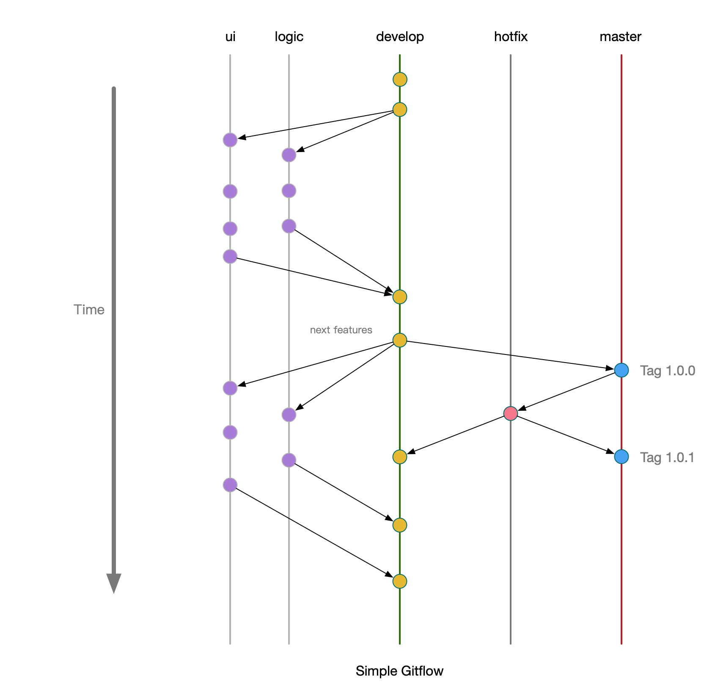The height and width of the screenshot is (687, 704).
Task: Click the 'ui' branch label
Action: tap(230, 37)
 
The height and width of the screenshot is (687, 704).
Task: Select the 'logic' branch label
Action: tap(289, 37)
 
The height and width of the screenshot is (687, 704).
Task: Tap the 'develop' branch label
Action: tap(400, 37)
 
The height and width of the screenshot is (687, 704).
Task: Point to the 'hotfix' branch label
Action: tap(511, 37)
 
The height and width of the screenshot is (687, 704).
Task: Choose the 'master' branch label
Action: tap(620, 37)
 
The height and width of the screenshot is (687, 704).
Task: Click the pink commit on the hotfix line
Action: tap(511, 413)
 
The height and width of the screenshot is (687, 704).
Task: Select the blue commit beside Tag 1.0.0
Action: tap(621, 370)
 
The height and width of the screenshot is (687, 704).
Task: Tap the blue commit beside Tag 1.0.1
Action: tap(621, 457)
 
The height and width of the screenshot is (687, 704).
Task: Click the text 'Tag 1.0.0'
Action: tap(667, 371)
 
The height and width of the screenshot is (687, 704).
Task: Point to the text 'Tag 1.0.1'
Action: tap(667, 457)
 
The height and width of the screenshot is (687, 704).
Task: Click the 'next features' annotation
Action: tap(341, 330)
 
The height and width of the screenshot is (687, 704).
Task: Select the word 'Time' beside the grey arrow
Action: tap(89, 310)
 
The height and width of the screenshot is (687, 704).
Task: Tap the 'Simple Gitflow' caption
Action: tap(399, 671)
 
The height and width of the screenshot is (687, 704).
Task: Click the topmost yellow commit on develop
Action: tap(400, 79)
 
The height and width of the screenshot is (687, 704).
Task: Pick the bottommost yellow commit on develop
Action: tap(400, 581)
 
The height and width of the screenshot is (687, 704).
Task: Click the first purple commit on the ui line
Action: tap(230, 140)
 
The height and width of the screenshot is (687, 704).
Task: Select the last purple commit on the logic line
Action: tap(289, 460)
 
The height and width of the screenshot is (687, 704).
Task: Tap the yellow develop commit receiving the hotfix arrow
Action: tap(400, 457)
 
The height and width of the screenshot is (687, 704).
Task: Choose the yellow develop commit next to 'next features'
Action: tap(400, 340)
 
